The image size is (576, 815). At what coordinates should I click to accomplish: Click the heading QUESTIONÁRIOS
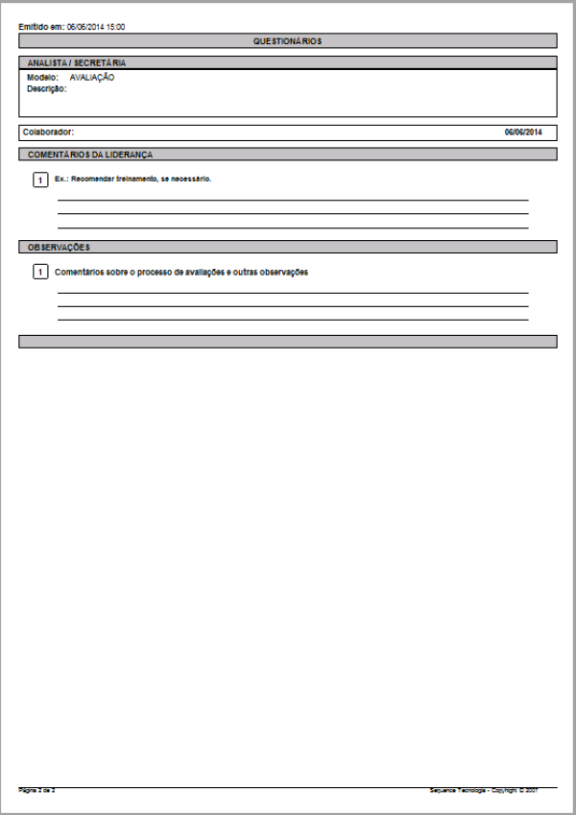point(287,41)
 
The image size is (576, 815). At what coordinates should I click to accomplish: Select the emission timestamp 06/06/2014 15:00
point(96,27)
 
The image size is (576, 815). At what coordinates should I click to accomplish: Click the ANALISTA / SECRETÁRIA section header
point(77,62)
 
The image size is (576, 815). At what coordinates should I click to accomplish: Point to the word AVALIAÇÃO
point(92,77)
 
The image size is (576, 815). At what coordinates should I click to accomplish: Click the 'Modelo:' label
point(43,77)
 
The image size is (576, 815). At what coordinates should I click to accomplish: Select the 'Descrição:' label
point(47,88)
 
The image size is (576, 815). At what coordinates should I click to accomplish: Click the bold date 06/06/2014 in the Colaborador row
point(523,132)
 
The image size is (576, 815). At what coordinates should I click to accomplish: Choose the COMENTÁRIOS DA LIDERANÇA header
point(90,154)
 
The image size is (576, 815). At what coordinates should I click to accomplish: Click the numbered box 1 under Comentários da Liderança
point(40,180)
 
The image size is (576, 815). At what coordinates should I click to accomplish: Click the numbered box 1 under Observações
point(40,273)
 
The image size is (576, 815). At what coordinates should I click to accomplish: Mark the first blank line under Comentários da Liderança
point(293,200)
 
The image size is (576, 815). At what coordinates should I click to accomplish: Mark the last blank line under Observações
point(293,319)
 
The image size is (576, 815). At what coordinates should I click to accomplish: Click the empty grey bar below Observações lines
point(287,341)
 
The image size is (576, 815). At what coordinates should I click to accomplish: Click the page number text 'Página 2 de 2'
point(37,790)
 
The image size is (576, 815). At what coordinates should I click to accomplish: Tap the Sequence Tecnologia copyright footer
point(482,790)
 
